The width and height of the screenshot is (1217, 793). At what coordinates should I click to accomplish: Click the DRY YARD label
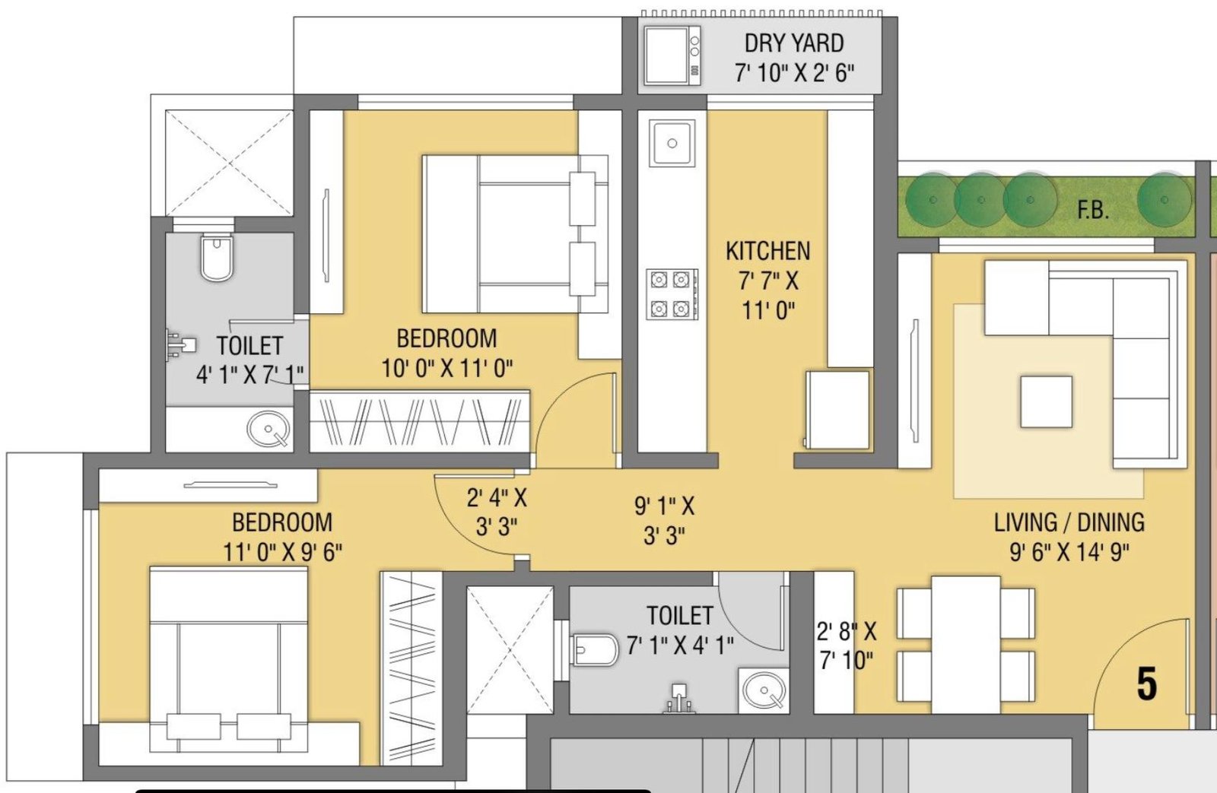[x=793, y=43]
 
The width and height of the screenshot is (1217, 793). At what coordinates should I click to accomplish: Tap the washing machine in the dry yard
[x=672, y=56]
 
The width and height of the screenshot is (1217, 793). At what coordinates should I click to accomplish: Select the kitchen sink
[x=672, y=143]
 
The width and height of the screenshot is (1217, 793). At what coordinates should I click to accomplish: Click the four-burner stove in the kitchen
[x=672, y=294]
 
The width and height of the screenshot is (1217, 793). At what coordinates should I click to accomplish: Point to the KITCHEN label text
[x=767, y=251]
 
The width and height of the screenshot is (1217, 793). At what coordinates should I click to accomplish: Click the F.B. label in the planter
[x=1092, y=210]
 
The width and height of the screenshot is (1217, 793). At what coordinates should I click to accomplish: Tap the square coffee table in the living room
[x=1046, y=401]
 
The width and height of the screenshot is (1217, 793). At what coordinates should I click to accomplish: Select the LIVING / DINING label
[x=1069, y=523]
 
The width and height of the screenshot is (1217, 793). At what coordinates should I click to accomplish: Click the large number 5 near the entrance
[x=1146, y=684]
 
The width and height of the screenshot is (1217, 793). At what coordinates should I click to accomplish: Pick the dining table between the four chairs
[x=965, y=643]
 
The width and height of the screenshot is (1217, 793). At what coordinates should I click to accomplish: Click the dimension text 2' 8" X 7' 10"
[x=846, y=646]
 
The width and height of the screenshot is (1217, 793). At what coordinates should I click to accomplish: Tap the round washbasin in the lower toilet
[x=764, y=691]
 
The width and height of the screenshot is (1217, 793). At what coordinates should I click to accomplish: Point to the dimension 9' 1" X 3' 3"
[x=664, y=521]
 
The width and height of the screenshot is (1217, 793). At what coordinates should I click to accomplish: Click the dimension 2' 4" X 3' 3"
[x=497, y=512]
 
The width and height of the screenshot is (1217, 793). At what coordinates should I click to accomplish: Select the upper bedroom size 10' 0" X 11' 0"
[x=446, y=369]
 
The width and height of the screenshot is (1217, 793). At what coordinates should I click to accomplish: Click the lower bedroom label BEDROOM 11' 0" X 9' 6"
[x=282, y=537]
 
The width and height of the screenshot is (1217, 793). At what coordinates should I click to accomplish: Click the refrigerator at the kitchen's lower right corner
[x=837, y=410]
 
